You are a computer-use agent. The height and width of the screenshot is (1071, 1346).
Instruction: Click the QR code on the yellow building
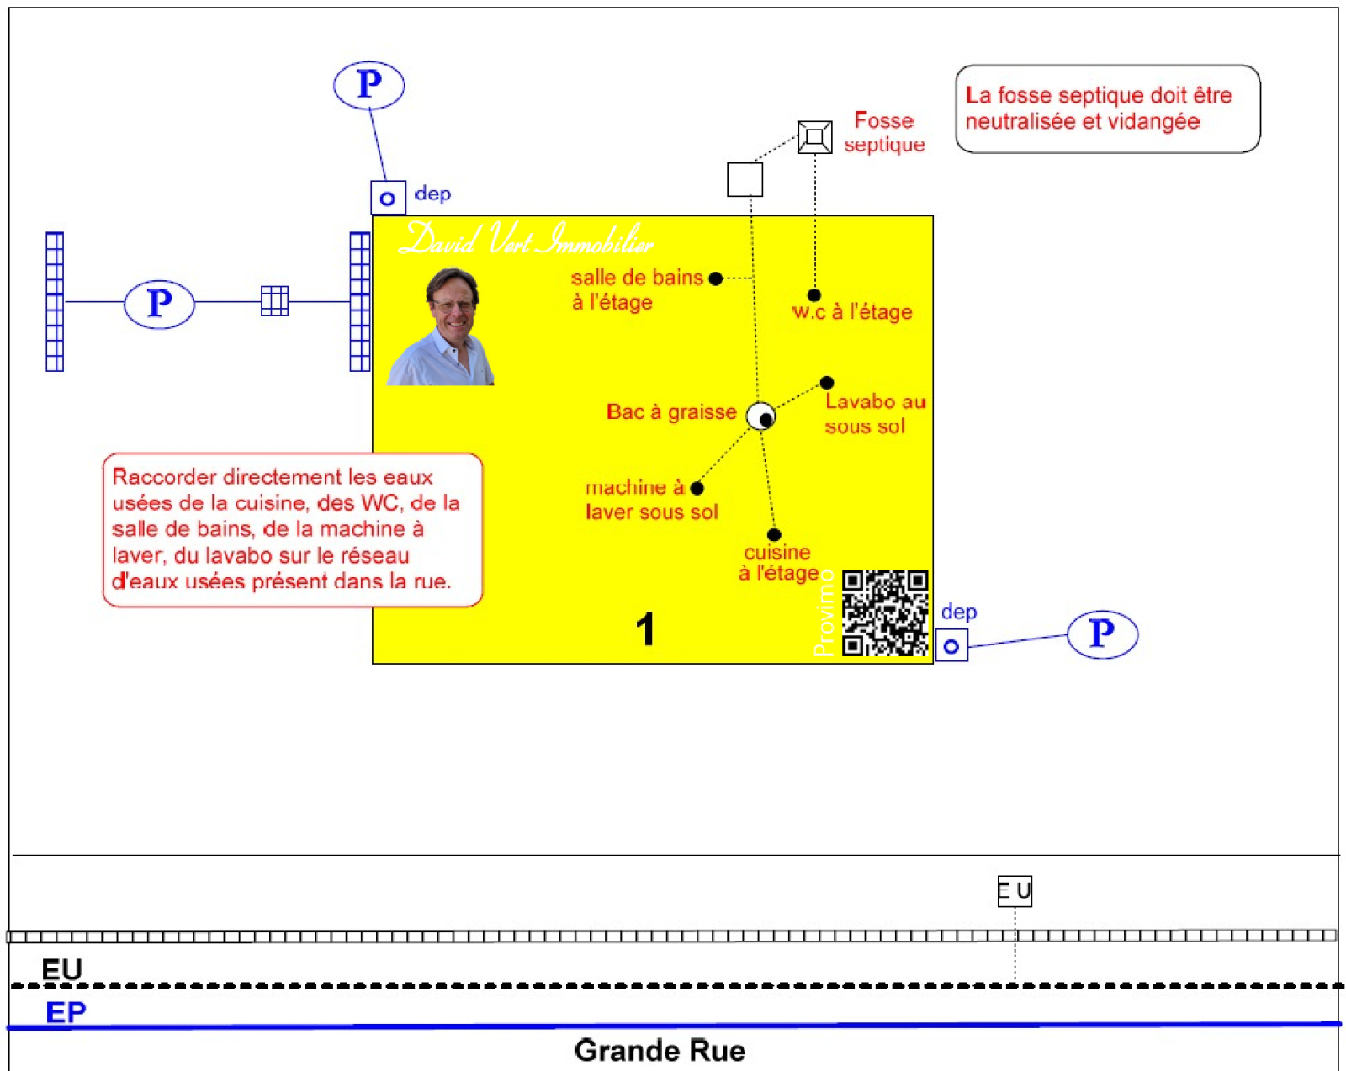click(885, 612)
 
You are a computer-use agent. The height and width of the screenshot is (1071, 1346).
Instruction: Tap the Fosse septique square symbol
click(814, 137)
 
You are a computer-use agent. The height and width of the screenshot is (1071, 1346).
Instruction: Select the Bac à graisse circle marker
click(761, 416)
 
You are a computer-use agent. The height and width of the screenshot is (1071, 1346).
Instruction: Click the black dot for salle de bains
click(715, 278)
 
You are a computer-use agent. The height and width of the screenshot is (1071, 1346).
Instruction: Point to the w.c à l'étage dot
click(813, 295)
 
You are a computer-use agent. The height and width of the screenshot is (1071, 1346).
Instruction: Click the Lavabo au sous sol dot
click(827, 383)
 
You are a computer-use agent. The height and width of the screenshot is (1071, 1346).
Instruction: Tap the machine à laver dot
click(697, 488)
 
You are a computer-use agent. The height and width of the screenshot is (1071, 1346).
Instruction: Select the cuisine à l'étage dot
click(774, 535)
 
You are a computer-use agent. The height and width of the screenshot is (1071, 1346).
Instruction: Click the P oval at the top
click(368, 85)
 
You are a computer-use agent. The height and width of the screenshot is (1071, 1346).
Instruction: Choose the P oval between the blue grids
click(159, 304)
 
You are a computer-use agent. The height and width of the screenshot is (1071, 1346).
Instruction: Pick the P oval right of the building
click(1102, 634)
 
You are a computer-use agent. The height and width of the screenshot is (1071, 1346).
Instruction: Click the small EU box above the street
click(1015, 891)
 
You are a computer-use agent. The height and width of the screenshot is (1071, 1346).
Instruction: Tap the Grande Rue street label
click(660, 1051)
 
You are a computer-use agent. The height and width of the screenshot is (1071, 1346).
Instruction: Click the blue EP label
click(66, 1012)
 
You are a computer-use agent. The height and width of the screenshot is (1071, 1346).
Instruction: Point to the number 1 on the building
click(645, 629)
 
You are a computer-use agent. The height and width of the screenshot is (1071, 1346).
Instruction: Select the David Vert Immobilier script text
click(527, 241)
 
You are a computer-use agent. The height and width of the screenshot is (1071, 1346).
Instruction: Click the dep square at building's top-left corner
click(388, 199)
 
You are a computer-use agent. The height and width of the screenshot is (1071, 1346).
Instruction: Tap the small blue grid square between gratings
click(274, 300)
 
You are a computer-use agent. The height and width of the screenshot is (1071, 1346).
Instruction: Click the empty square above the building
click(745, 179)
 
